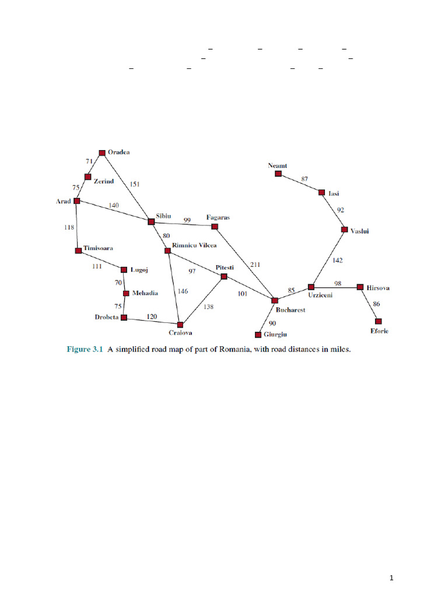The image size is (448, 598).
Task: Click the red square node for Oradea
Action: point(102,152)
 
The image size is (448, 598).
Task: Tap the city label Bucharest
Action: point(290,310)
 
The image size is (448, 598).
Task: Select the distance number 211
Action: point(255,265)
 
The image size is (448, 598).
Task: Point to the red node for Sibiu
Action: point(151,221)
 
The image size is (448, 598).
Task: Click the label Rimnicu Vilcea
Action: point(195,245)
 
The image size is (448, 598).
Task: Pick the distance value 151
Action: point(134,184)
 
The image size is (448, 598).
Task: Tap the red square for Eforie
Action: point(378,321)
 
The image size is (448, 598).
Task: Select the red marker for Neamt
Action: point(279,173)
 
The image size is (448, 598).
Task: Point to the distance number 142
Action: point(337,260)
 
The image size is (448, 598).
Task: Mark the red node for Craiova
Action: point(180,324)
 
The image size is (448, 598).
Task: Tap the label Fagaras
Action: point(218,217)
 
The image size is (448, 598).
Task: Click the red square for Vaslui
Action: point(344,230)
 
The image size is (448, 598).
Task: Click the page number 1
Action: point(392,578)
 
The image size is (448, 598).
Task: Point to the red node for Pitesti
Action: point(224,276)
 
